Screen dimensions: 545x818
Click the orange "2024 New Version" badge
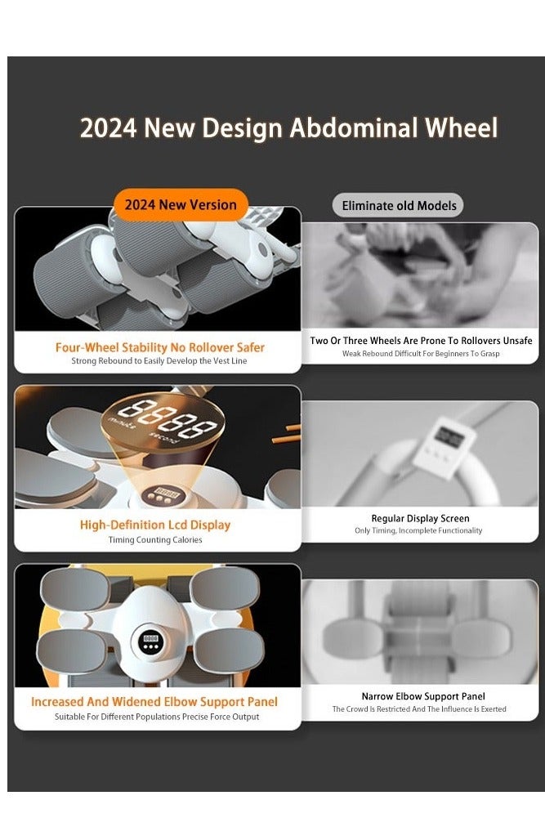pyautogui.click(x=181, y=204)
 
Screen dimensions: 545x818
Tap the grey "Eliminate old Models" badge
pyautogui.click(x=399, y=206)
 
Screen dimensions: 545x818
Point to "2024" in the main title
pyautogui.click(x=109, y=127)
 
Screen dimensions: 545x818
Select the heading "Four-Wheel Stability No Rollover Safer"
pyautogui.click(x=160, y=347)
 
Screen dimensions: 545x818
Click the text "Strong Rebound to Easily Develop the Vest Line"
pyautogui.click(x=159, y=360)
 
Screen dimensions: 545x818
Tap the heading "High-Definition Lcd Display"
pyautogui.click(x=155, y=525)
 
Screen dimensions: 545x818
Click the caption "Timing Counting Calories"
pyautogui.click(x=155, y=539)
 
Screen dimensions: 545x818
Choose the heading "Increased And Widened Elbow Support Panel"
pyautogui.click(x=154, y=702)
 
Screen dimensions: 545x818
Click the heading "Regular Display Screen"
pyautogui.click(x=420, y=518)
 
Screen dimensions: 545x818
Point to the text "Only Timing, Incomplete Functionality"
pyautogui.click(x=418, y=530)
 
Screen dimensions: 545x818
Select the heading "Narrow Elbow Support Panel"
pyautogui.click(x=423, y=696)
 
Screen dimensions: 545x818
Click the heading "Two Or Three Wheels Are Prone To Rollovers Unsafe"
pyautogui.click(x=421, y=341)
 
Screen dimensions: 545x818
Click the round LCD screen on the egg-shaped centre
pyautogui.click(x=150, y=641)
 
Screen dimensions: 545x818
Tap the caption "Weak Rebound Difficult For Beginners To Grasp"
pyautogui.click(x=421, y=353)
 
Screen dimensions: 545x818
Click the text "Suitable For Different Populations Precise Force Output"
pyautogui.click(x=157, y=717)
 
